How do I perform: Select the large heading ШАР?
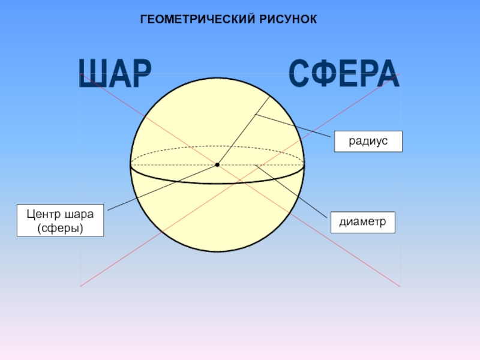click(x=115, y=75)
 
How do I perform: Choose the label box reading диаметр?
click(x=362, y=221)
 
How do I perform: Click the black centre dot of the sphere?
click(x=217, y=164)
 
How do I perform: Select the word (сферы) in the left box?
click(x=60, y=228)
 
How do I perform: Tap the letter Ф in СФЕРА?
click(x=321, y=74)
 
